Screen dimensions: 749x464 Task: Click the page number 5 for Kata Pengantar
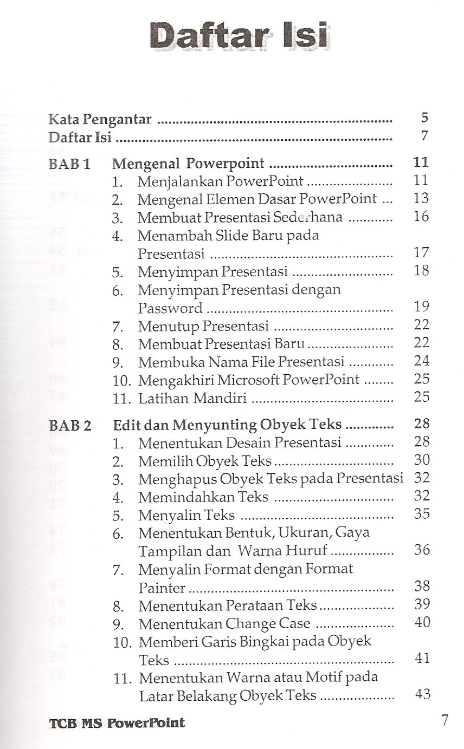coord(424,118)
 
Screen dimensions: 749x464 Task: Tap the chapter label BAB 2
coord(70,426)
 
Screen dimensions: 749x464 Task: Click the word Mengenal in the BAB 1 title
coord(145,164)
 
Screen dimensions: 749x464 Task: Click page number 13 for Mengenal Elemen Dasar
coord(421,198)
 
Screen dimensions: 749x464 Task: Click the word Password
coord(170,308)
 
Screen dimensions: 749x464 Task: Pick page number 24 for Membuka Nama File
coord(421,361)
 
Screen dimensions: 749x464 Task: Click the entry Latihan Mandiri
coord(192,399)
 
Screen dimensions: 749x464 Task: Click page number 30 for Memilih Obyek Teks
coord(421,460)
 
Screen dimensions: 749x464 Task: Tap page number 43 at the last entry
coord(422,694)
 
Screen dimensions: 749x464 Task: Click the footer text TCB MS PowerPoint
coord(117,722)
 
